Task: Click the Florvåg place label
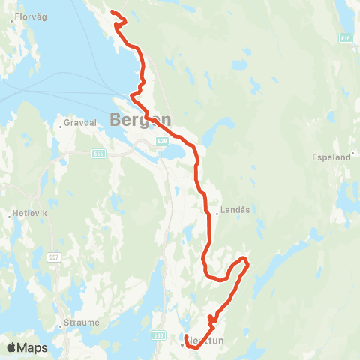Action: (x=29, y=13)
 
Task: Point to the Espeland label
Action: (x=331, y=157)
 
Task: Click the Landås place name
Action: (x=234, y=212)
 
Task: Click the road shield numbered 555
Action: (x=100, y=154)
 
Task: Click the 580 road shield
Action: (x=158, y=336)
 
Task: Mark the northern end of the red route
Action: (x=112, y=13)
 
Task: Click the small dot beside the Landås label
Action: (x=217, y=212)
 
